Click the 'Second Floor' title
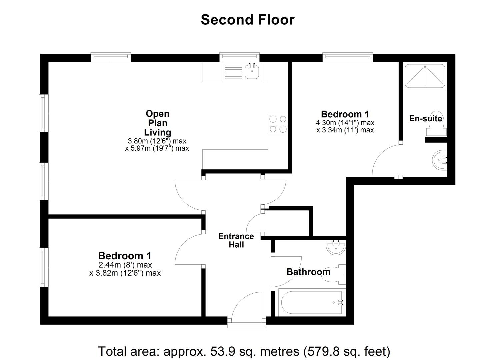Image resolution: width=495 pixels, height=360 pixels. (247, 20)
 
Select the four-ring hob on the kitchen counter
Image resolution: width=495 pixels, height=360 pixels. (278, 124)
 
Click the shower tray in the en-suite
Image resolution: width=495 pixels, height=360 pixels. (425, 76)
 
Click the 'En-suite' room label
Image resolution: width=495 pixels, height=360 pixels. (426, 119)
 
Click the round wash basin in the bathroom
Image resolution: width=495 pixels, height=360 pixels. (336, 248)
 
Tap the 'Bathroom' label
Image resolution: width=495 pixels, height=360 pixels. (308, 272)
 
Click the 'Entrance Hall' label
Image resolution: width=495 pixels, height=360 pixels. (236, 240)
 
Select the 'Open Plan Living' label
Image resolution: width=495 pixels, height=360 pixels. (157, 123)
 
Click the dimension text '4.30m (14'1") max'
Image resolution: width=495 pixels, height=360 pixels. (345, 123)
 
